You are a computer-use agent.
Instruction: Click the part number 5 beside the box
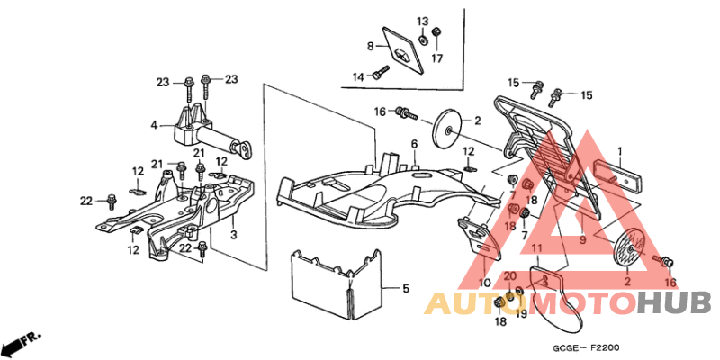tap(406, 289)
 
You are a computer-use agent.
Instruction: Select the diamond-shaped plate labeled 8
tap(403, 50)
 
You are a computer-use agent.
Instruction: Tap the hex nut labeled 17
tap(436, 32)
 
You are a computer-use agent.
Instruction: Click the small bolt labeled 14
tap(381, 73)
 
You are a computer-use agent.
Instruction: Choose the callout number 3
tap(234, 236)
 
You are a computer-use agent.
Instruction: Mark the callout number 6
tap(414, 144)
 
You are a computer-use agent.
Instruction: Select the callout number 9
tap(582, 239)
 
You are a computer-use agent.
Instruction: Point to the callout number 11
tap(537, 249)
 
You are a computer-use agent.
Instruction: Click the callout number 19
tap(521, 313)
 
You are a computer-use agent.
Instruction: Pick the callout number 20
tap(510, 276)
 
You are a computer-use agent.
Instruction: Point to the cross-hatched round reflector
tap(633, 248)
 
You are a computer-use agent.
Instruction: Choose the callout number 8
tap(370, 46)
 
